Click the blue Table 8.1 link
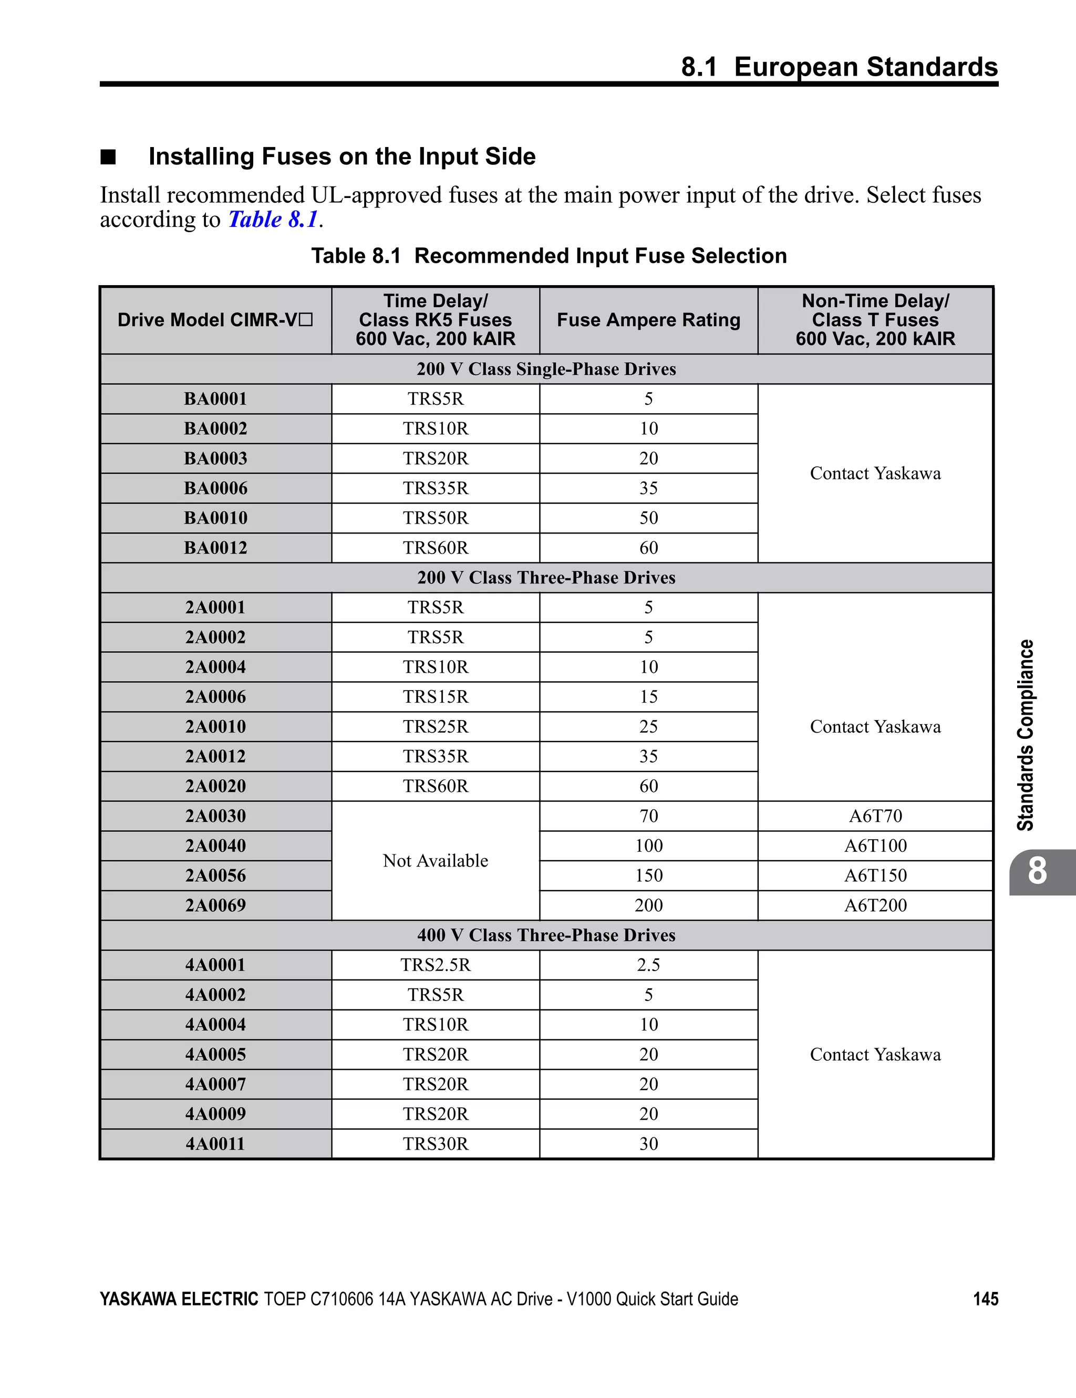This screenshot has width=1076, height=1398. [273, 220]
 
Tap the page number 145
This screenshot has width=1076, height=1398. [985, 1299]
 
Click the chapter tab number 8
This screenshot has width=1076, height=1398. [1037, 872]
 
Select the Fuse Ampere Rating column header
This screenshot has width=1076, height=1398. [648, 320]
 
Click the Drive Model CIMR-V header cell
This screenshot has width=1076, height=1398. [215, 320]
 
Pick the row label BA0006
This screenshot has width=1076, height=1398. [215, 488]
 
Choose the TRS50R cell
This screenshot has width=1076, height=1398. [436, 518]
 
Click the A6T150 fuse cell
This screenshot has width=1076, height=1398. [875, 875]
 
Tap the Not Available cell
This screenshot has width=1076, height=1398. [436, 861]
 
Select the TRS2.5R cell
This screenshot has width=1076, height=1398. [436, 965]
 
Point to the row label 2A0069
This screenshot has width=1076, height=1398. [215, 906]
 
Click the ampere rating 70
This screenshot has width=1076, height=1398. [648, 816]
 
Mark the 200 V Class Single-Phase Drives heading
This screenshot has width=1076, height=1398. [546, 369]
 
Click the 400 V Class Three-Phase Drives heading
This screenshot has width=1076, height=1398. [546, 935]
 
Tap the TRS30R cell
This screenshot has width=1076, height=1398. [436, 1144]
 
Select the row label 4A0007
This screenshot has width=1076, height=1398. [215, 1084]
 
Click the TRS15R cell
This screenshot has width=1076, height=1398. [436, 697]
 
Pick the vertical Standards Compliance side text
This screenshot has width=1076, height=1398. [1026, 735]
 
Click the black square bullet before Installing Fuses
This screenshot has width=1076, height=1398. [108, 157]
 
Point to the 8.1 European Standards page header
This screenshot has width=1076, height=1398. [839, 67]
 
